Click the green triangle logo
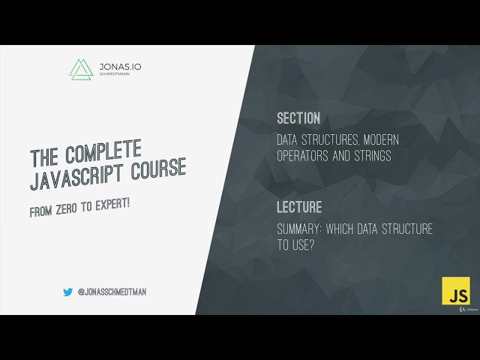click(80, 69)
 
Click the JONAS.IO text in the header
click(120, 67)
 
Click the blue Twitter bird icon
click(67, 292)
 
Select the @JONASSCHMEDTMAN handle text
click(112, 292)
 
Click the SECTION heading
click(298, 118)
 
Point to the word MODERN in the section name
click(376, 140)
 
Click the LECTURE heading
click(299, 207)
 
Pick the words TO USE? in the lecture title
click(295, 244)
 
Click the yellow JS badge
click(455, 291)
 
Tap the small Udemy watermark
click(469, 309)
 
